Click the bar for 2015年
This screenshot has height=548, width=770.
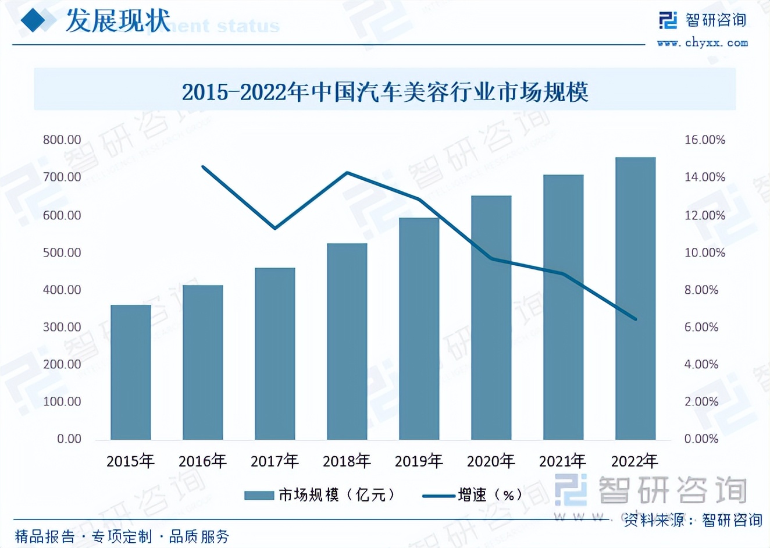[x=131, y=372]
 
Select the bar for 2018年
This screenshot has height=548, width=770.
[x=347, y=341]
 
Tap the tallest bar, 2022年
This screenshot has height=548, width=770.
[x=635, y=298]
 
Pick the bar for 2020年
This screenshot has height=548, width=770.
[x=491, y=318]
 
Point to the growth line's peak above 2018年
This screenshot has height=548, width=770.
[x=347, y=172]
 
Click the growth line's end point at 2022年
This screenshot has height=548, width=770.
[x=636, y=319]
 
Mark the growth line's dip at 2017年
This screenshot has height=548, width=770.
[x=275, y=227]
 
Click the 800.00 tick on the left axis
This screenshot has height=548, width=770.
[x=62, y=140]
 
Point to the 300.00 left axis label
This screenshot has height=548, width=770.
[x=62, y=327]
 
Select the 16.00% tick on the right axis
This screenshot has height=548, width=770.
[x=704, y=140]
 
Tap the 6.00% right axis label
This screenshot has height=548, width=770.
[x=701, y=327]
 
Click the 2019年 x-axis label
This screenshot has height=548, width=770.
[x=419, y=461]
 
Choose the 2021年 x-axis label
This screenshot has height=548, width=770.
[x=563, y=461]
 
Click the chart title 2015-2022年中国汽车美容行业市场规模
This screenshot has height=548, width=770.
[x=385, y=91]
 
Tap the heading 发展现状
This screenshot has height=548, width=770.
[x=118, y=21]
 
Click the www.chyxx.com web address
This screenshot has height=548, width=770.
[x=703, y=42]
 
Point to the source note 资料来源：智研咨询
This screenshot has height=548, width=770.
[x=693, y=519]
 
